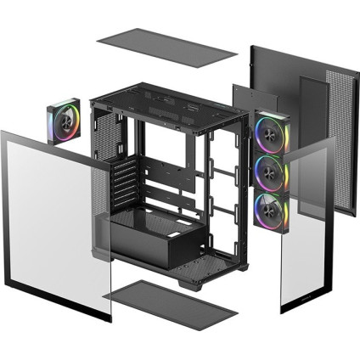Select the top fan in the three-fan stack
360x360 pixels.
(x=273, y=132)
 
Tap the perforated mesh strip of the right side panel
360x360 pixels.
(x=337, y=144)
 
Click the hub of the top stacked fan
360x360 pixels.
(x=273, y=132)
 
